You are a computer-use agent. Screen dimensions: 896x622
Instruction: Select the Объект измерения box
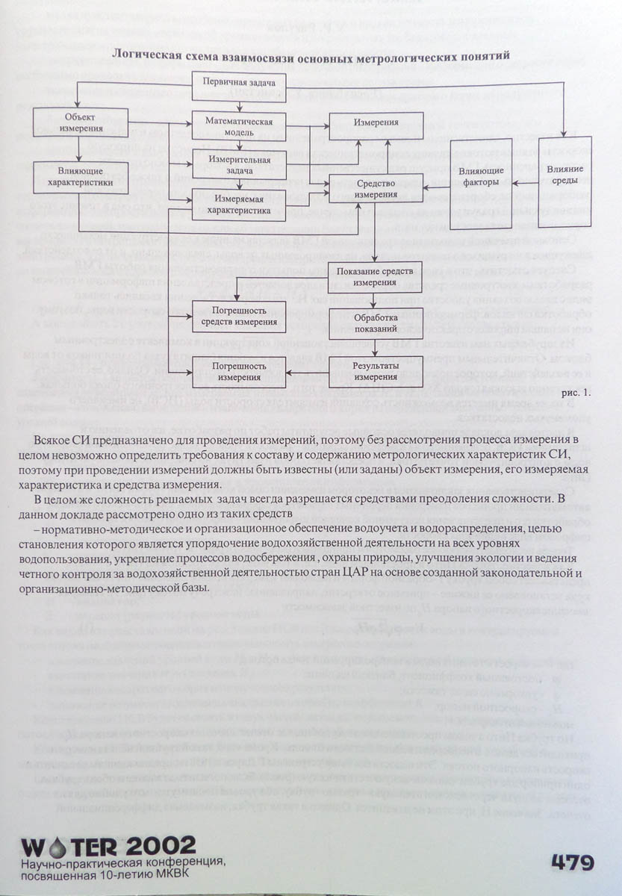point(78,122)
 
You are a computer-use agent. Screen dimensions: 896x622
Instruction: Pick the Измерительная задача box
point(239,165)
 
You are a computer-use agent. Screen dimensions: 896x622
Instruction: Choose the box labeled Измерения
point(376,122)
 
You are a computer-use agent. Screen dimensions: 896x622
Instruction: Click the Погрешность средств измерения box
point(239,316)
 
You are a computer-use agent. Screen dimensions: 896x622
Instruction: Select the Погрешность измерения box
point(239,371)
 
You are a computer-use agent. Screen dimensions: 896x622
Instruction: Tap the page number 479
point(573,862)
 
